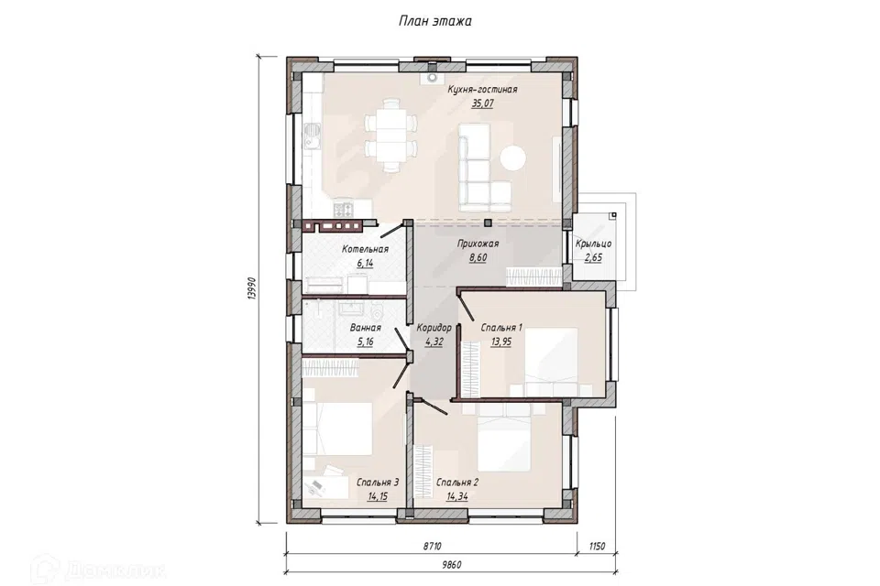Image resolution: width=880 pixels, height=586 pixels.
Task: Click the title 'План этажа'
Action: click(434, 21)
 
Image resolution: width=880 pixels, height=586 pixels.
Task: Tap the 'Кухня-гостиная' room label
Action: click(482, 89)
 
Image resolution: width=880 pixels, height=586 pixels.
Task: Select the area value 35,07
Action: click(483, 103)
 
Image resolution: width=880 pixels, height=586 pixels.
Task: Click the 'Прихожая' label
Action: click(478, 244)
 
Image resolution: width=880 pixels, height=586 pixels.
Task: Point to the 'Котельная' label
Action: click(365, 249)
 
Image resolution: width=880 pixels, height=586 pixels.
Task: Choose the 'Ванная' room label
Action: click(366, 328)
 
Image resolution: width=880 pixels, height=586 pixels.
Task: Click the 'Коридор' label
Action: click(434, 328)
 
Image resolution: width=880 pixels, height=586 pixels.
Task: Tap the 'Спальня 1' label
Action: click(501, 328)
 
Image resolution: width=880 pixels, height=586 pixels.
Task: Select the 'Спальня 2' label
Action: click(456, 483)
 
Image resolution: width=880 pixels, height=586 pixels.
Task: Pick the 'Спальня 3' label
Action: click(378, 483)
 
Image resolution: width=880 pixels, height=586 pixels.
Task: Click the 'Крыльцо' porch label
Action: click(593, 244)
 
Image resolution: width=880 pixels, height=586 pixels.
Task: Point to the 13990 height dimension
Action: click(252, 288)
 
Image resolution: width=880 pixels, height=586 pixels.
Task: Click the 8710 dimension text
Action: click(432, 546)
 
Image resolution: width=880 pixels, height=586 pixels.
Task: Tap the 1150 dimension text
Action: click(596, 546)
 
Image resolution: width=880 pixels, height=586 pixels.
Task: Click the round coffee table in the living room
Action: click(513, 157)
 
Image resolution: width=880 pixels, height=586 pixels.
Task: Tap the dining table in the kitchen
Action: click(390, 136)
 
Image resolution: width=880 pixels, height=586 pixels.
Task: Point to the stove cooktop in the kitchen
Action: click(344, 209)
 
